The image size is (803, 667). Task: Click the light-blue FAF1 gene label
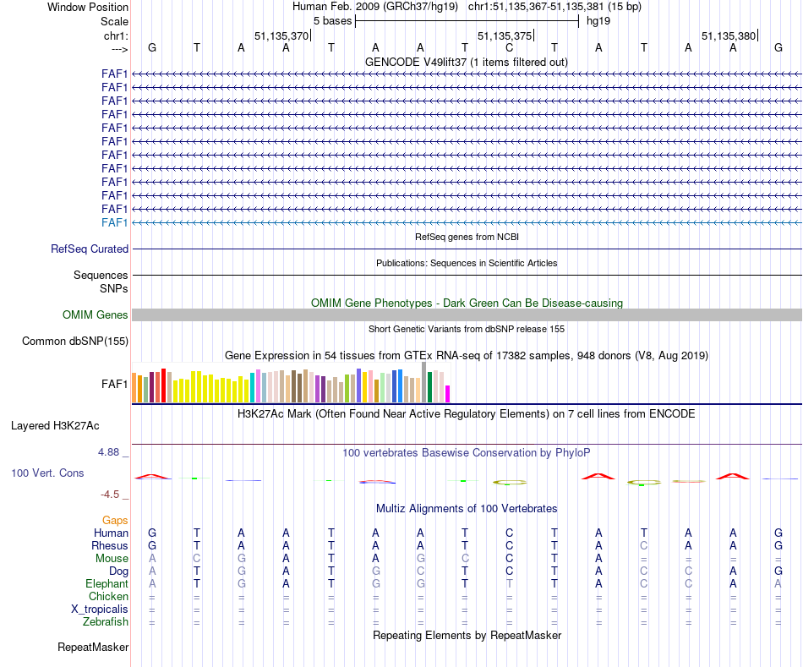[114, 222]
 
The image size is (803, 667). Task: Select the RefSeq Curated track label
[90, 249]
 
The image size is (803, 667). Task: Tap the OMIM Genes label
[96, 315]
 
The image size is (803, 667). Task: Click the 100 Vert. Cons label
[47, 473]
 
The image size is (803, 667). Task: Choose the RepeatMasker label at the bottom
[93, 648]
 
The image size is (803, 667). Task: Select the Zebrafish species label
[107, 622]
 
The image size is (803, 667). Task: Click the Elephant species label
[107, 584]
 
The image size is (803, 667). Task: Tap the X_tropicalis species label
[100, 610]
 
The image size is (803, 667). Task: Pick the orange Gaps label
[115, 521]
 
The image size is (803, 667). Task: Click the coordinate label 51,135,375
[505, 36]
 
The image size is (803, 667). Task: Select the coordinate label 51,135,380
[729, 36]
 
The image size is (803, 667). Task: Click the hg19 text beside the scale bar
[598, 20]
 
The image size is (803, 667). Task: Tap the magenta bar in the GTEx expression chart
[448, 394]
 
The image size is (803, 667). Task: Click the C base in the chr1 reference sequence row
[509, 47]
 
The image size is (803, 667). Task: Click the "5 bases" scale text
[332, 20]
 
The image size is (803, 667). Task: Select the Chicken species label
[109, 597]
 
